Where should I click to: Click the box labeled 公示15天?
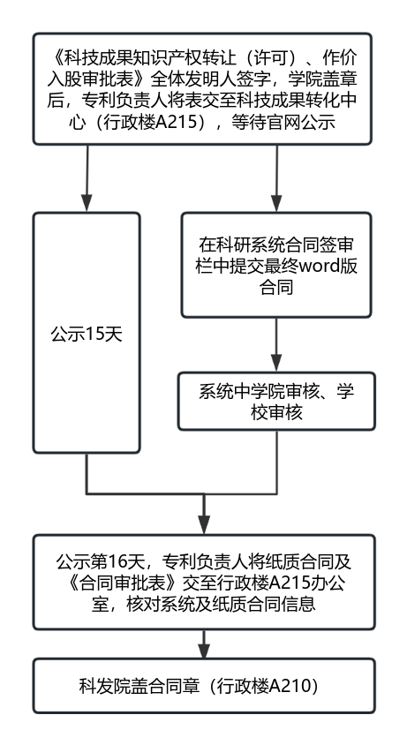click(86, 333)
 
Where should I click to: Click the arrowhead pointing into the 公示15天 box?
click(87, 202)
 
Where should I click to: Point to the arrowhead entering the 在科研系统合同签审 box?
click(276, 202)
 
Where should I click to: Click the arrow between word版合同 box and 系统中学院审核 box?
click(276, 344)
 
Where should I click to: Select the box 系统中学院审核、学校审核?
click(276, 401)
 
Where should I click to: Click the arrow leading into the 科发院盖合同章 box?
click(204, 643)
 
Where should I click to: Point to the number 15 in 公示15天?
click(95, 335)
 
